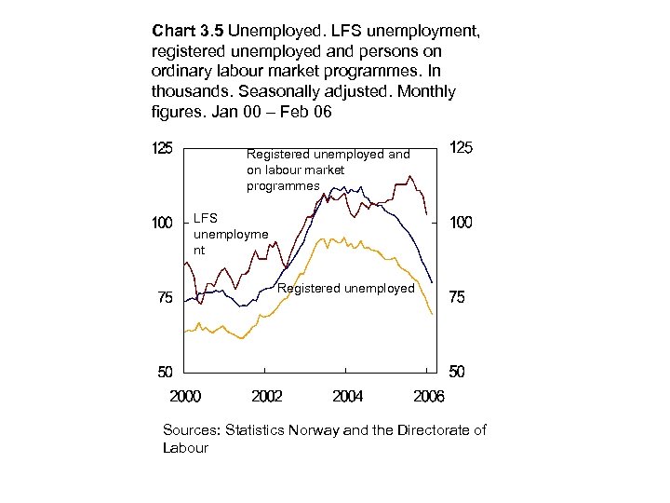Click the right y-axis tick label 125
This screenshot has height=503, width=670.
pyautogui.click(x=462, y=148)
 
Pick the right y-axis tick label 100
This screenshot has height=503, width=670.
pyautogui.click(x=462, y=224)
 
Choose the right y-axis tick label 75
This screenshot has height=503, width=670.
pyautogui.click(x=458, y=298)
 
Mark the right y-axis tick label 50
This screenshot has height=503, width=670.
pyautogui.click(x=458, y=372)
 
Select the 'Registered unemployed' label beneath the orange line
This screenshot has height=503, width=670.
pyautogui.click(x=346, y=289)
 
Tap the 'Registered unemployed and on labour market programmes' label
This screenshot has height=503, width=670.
pyautogui.click(x=328, y=170)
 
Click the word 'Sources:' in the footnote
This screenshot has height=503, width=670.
pyautogui.click(x=192, y=429)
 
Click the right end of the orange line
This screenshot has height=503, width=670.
pyautogui.click(x=433, y=316)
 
